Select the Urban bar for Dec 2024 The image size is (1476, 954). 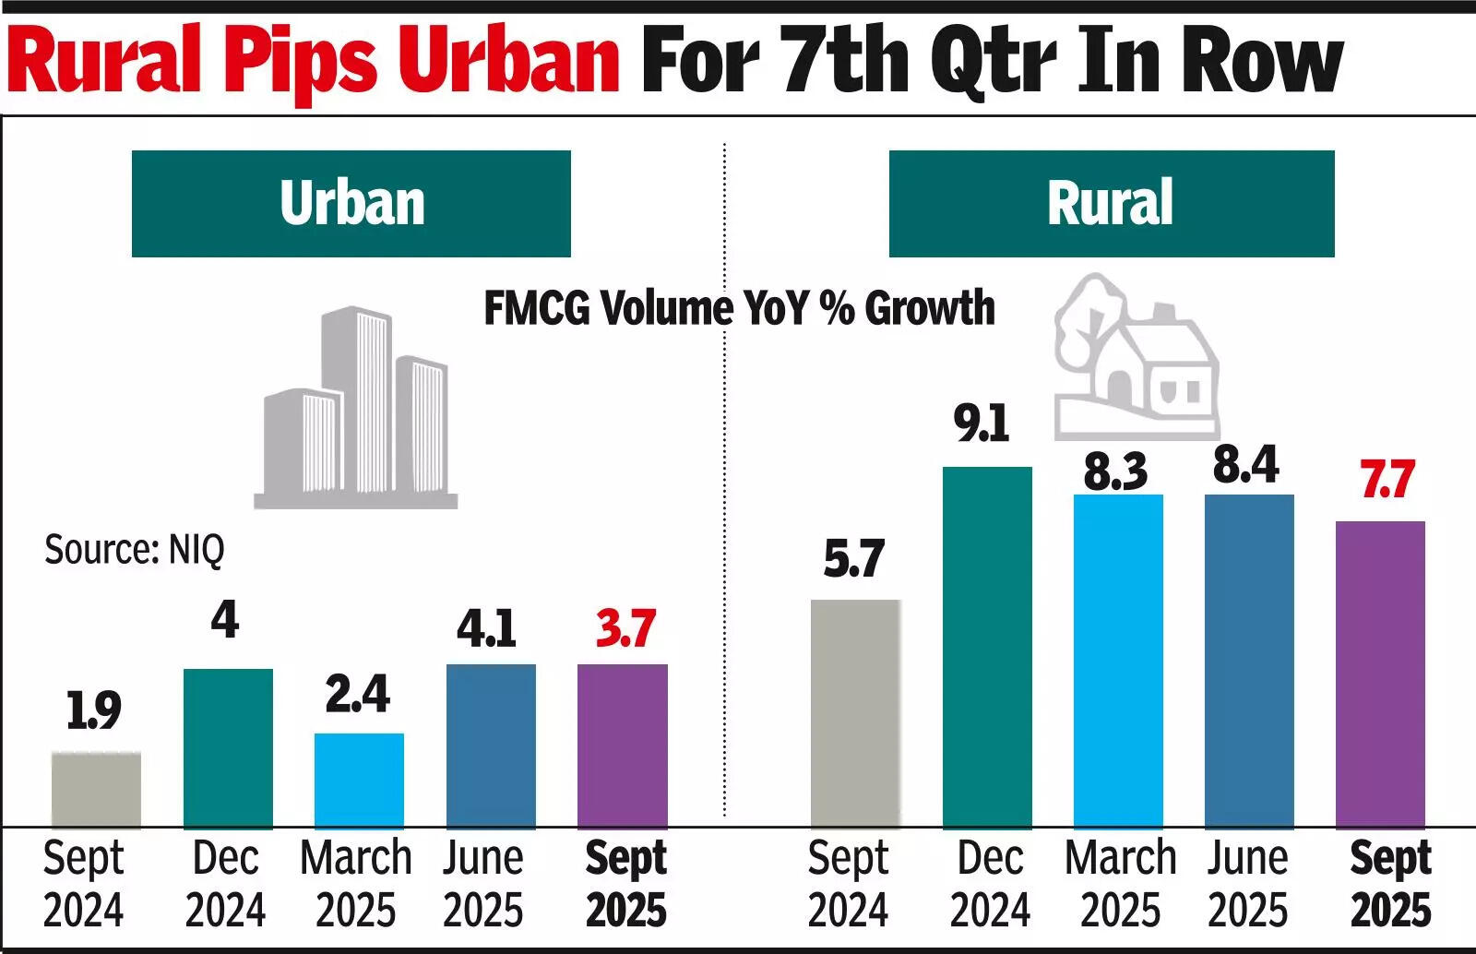[x=228, y=748]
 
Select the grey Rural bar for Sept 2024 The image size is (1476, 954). [x=855, y=714]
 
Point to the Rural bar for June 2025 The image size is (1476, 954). [x=1249, y=661]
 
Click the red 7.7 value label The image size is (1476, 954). [x=1387, y=481]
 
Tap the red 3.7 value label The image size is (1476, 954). [x=625, y=629]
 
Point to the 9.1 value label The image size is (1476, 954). [x=982, y=424]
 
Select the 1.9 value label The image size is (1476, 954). [x=94, y=711]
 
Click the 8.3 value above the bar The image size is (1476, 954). [x=1115, y=471]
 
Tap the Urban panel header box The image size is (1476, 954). [x=351, y=204]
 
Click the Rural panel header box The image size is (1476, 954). [x=1111, y=204]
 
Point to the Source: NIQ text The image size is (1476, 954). [x=135, y=550]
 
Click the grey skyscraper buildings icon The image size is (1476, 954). [x=356, y=411]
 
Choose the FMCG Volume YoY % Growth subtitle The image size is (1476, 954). [x=740, y=308]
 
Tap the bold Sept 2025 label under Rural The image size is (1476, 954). [x=1390, y=884]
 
